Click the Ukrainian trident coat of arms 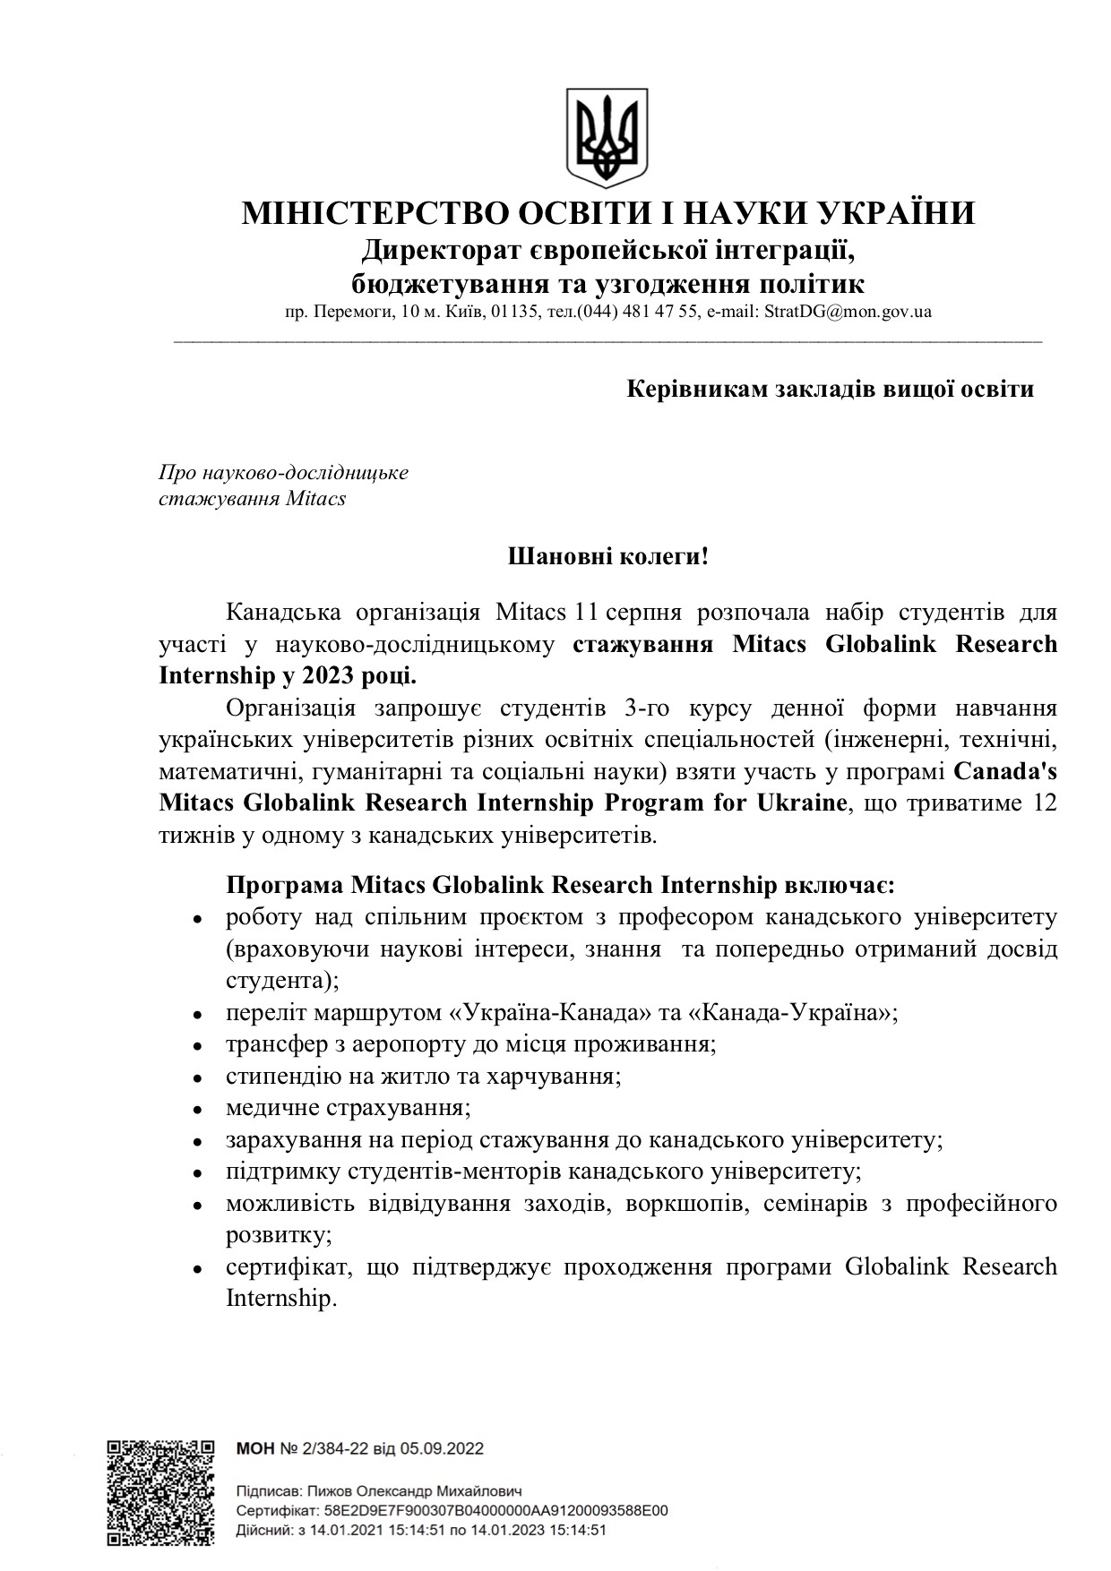[607, 138]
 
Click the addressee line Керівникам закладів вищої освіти [830, 390]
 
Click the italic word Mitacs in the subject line [315, 499]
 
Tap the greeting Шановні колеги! [608, 557]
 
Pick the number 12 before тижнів [1045, 802]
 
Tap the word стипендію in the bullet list [270, 1076]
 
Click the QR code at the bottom [160, 1492]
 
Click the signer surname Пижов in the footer [330, 1493]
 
